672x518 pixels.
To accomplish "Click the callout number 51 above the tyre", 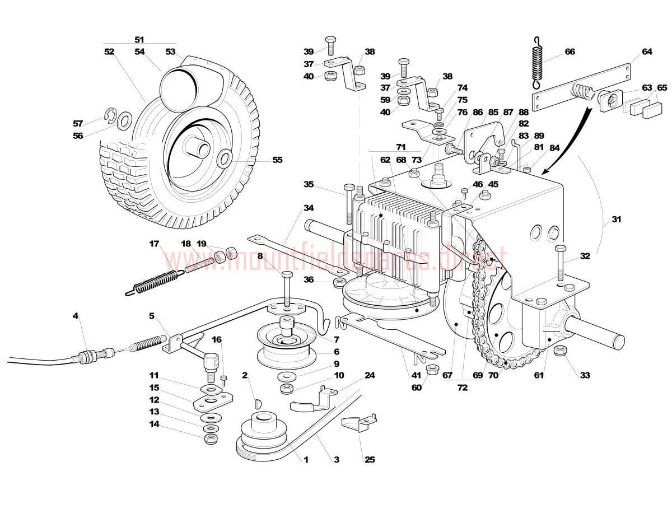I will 139,40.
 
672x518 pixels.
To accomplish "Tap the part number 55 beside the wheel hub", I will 277,160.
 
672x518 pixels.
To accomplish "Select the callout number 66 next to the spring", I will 570,52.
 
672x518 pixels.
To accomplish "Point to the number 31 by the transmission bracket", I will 616,220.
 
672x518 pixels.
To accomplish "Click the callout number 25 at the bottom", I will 369,460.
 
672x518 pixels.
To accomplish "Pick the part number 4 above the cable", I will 76,316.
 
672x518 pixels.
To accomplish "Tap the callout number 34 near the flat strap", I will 309,208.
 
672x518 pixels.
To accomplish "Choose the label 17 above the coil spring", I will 154,244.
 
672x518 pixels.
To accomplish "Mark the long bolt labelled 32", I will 560,263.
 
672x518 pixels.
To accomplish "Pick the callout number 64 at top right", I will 647,52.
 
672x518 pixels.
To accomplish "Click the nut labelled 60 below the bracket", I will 432,370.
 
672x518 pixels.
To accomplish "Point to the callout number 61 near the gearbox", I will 539,376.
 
